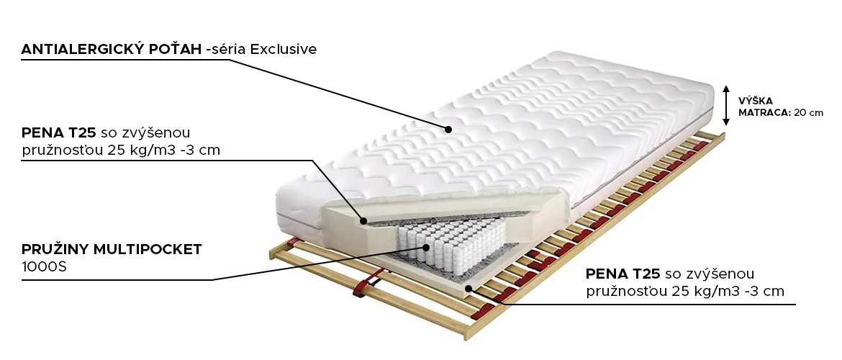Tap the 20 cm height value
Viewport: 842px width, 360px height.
(x=809, y=113)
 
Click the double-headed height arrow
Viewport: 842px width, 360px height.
(x=725, y=105)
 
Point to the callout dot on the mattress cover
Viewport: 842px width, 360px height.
(x=448, y=129)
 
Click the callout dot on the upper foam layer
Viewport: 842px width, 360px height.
(x=363, y=220)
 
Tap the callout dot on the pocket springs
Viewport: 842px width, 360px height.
(x=426, y=248)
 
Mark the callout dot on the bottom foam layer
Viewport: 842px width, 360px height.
(x=468, y=289)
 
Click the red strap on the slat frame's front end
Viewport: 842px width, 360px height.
(x=367, y=283)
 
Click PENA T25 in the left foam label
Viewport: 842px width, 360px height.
(x=59, y=132)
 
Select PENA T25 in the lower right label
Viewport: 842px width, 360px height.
(x=623, y=274)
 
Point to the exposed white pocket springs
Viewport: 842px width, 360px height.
(x=454, y=245)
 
